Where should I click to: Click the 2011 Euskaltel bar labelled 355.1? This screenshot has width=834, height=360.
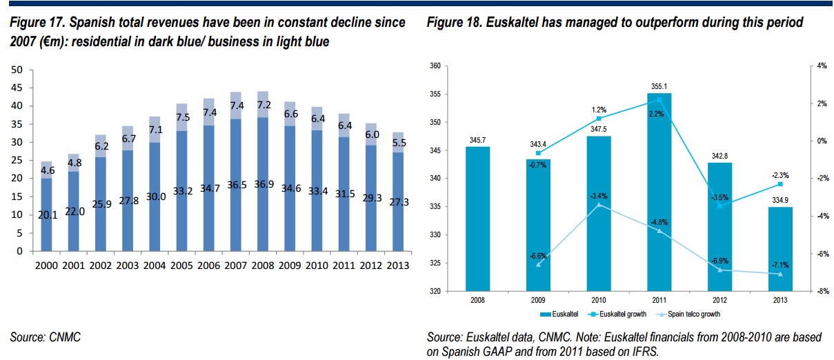pos(658,193)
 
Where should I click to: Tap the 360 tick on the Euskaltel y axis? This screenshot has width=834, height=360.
pos(435,66)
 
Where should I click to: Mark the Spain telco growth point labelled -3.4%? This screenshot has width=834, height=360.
pos(598,205)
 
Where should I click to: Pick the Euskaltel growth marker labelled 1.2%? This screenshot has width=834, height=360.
pos(598,119)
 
